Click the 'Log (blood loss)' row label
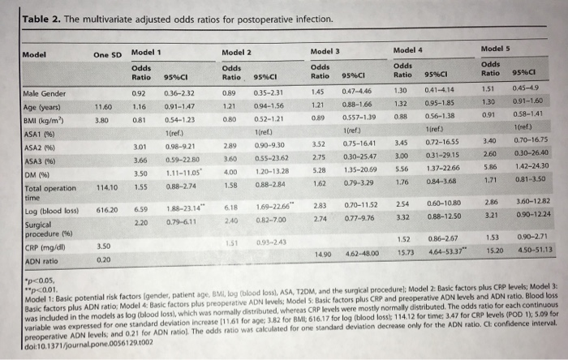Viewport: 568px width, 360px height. tap(46, 210)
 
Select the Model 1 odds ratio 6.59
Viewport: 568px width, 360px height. tap(139, 209)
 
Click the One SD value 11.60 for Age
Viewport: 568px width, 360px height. tap(103, 109)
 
